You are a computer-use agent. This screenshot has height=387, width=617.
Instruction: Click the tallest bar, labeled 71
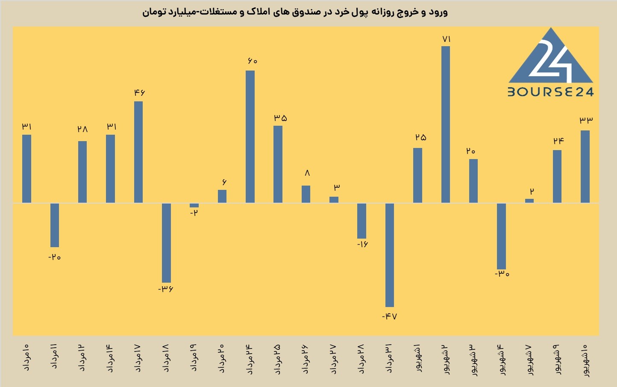446,124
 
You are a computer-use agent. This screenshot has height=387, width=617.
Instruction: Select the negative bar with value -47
390,255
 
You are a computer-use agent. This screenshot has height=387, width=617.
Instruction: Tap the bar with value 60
250,137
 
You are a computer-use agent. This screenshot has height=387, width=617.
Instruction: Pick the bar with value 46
138,152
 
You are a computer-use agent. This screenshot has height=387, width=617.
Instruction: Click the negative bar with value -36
166,243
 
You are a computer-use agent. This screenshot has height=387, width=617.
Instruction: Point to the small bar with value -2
194,205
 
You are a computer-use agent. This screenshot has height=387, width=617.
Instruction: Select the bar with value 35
278,164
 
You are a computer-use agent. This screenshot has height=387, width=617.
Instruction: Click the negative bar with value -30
501,236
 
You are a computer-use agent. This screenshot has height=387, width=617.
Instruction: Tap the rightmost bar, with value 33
585,167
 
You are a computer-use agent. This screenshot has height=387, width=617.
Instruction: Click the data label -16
362,244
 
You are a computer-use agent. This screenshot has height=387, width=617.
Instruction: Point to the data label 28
82,129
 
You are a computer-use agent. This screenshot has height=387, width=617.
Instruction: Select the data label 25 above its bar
421,137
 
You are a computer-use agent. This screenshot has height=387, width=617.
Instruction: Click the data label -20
55,257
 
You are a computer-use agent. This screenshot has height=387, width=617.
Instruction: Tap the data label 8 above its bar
307,173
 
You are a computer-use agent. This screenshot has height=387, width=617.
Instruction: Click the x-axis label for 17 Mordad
138,358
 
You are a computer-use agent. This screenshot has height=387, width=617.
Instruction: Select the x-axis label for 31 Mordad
390,358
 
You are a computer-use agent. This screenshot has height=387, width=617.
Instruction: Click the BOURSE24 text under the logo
551,92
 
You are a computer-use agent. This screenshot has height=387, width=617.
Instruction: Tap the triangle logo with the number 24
551,55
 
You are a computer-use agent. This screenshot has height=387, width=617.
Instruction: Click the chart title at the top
295,12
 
